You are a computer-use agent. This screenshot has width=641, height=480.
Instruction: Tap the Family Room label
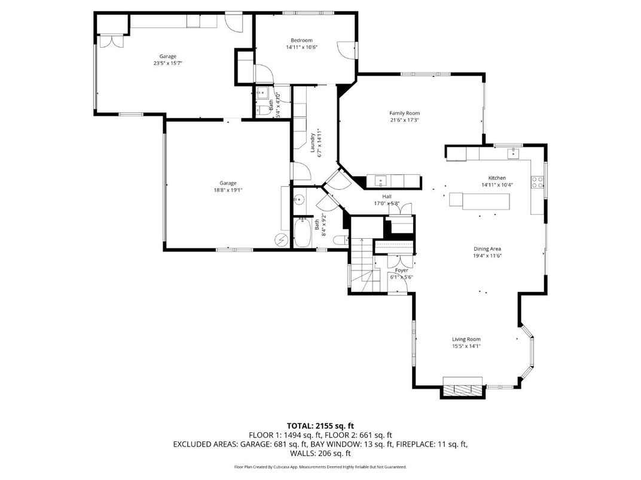[x=404, y=113]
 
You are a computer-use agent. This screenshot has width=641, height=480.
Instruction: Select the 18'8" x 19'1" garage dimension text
[x=227, y=190]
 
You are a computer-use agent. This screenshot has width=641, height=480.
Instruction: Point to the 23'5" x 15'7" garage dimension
[x=167, y=63]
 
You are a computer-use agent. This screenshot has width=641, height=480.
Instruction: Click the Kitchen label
[x=497, y=178]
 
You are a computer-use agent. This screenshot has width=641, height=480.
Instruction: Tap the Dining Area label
[x=487, y=248]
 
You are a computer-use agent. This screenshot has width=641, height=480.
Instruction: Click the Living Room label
[x=466, y=339]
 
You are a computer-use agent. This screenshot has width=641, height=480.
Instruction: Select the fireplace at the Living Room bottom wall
[x=462, y=389]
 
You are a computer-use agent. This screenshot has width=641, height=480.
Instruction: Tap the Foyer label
[x=401, y=270]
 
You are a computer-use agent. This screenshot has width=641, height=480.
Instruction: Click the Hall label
[x=386, y=196]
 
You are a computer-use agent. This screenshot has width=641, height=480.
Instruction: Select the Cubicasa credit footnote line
[x=320, y=466]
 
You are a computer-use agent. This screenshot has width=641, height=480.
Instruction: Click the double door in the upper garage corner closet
[x=111, y=41]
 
